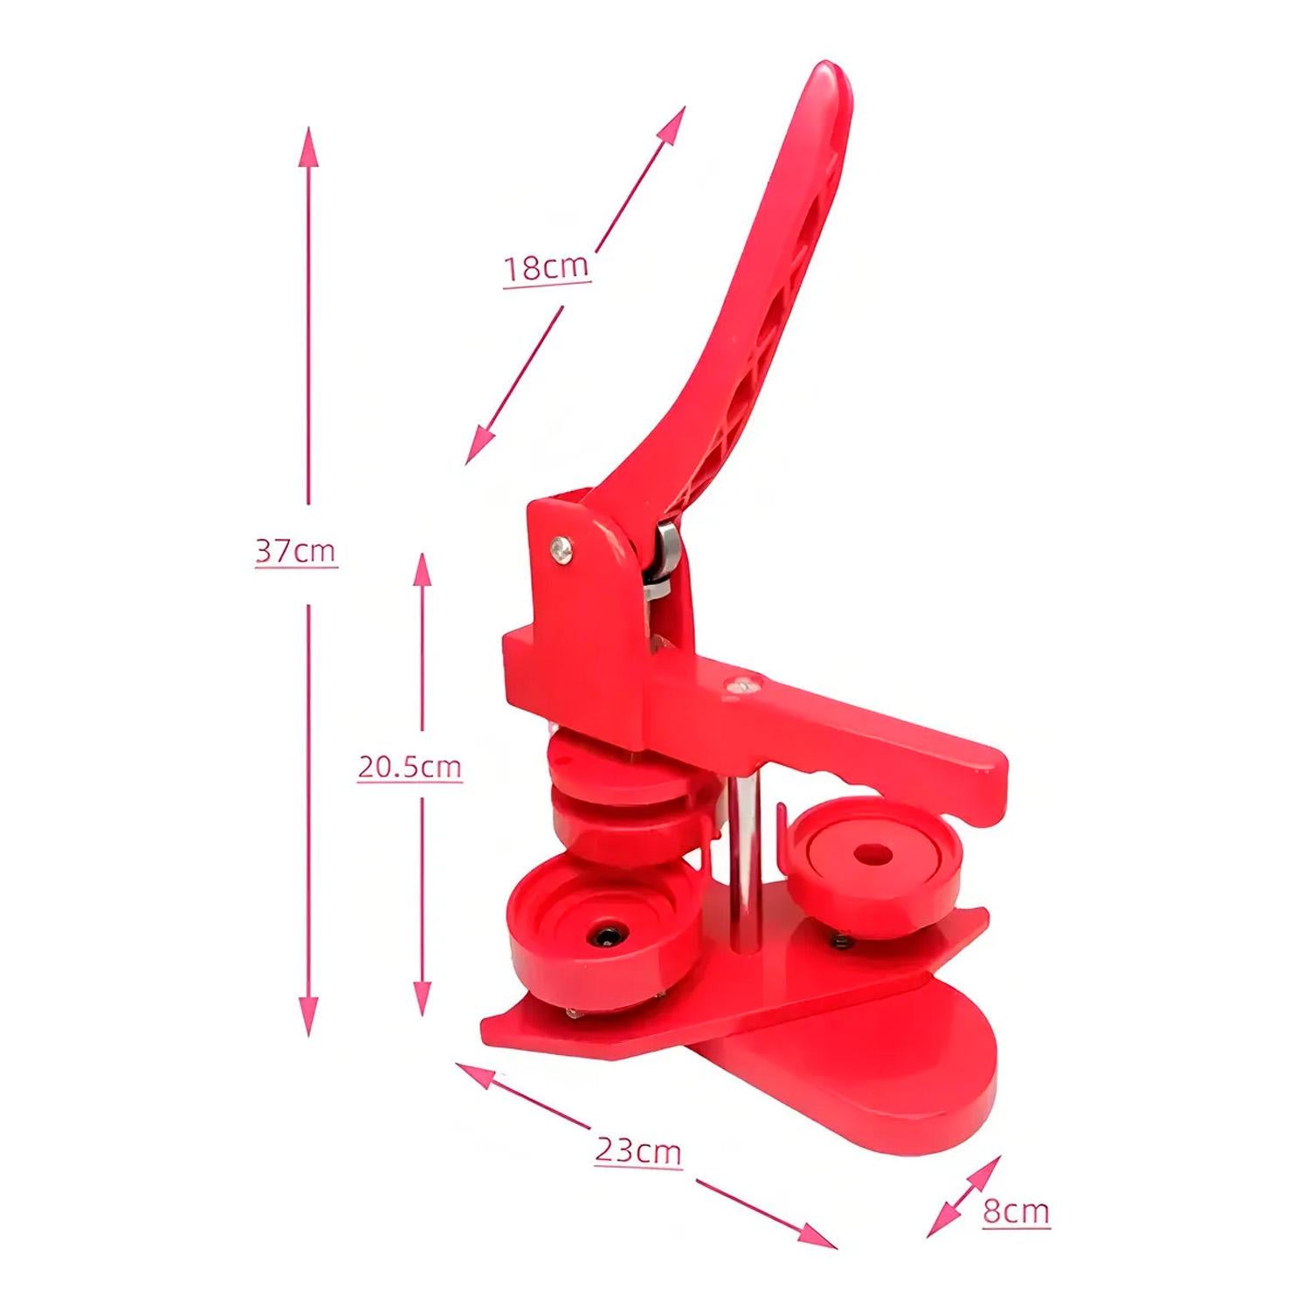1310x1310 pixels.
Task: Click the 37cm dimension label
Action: click(296, 552)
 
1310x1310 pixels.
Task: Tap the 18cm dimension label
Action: click(547, 266)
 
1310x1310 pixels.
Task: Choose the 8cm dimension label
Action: click(1016, 1211)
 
